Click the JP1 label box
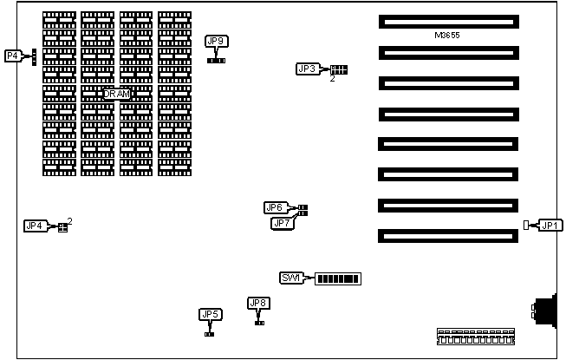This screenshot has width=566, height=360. pos(549,226)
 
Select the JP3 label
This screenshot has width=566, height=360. pos(307,69)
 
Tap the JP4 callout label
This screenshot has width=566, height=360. pos(35,226)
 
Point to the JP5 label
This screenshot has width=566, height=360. pos(210,314)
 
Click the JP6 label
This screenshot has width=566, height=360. pos(275,207)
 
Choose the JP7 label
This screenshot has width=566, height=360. pos(281,223)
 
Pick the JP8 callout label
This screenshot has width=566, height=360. pos(258,303)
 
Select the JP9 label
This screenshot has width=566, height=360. pos(217,41)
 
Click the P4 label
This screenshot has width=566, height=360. pos(12,56)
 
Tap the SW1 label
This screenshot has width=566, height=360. pos(290,278)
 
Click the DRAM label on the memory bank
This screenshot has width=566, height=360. pos(116,93)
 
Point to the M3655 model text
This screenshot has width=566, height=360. pos(447,36)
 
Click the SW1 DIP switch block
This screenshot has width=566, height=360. pos(337,278)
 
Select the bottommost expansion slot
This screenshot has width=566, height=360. pos(447,235)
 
